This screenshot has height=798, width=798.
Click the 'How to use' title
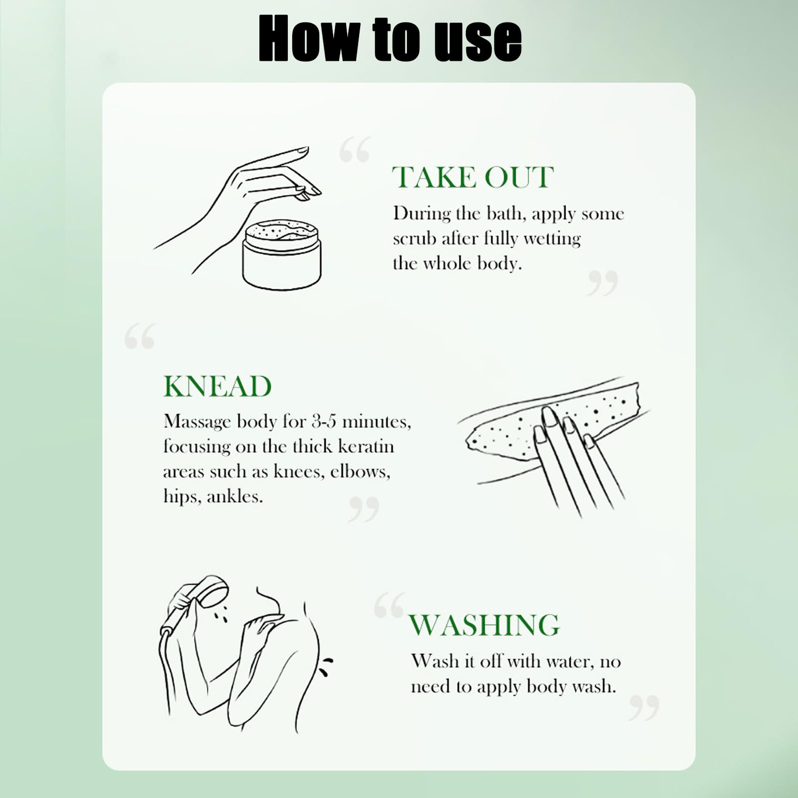point(390,38)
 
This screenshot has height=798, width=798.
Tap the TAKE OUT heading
point(473,177)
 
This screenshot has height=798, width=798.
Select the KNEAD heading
point(217,386)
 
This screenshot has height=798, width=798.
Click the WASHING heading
point(484,625)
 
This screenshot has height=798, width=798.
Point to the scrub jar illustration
point(282,254)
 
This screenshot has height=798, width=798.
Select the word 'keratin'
point(366,446)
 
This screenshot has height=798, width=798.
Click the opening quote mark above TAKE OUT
point(355,149)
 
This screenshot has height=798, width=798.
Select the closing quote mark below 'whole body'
point(602,283)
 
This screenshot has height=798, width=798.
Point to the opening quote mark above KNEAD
point(140,336)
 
